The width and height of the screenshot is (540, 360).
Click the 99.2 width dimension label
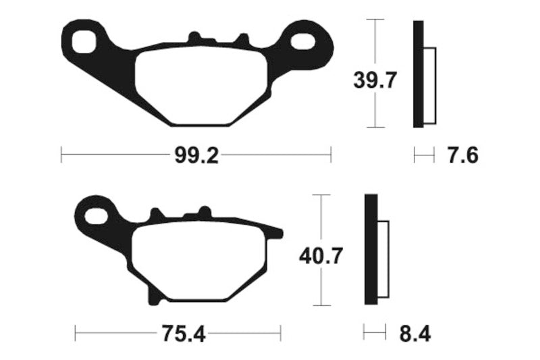[196, 156]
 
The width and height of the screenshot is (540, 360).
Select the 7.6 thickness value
[462, 156]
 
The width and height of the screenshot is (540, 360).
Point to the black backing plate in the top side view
[418, 74]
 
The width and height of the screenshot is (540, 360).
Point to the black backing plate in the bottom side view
[370, 250]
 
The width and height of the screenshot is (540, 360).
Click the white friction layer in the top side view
[430, 86]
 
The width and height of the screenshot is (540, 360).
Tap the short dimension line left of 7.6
[424, 156]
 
